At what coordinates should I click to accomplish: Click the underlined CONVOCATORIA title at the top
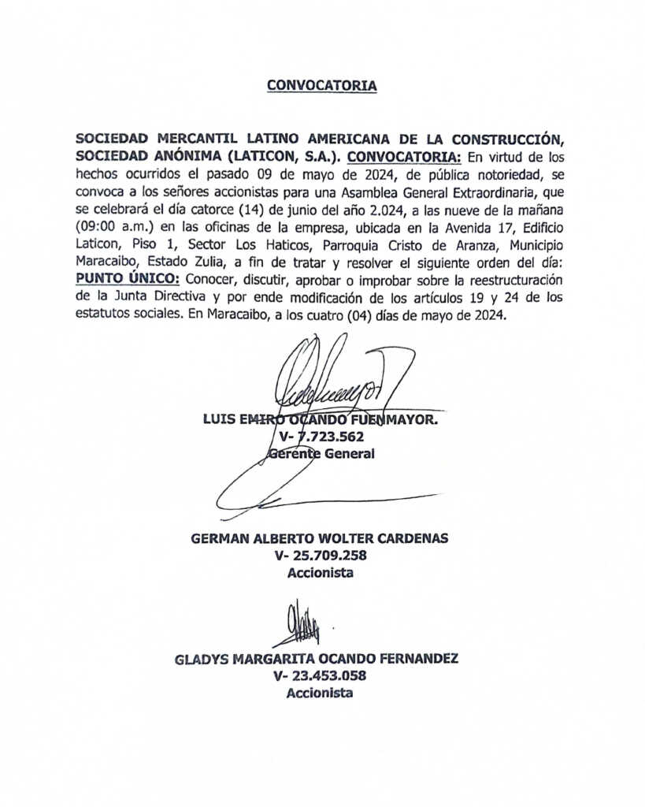(321, 85)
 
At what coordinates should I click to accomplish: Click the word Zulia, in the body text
(209, 262)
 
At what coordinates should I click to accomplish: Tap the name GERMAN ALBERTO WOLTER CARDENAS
(320, 538)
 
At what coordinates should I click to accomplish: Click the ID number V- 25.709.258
(320, 556)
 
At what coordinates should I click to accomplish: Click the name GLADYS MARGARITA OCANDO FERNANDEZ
(317, 659)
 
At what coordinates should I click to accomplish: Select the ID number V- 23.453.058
(320, 676)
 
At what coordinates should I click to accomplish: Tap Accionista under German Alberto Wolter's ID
(320, 573)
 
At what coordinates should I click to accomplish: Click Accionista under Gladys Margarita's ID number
(320, 694)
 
